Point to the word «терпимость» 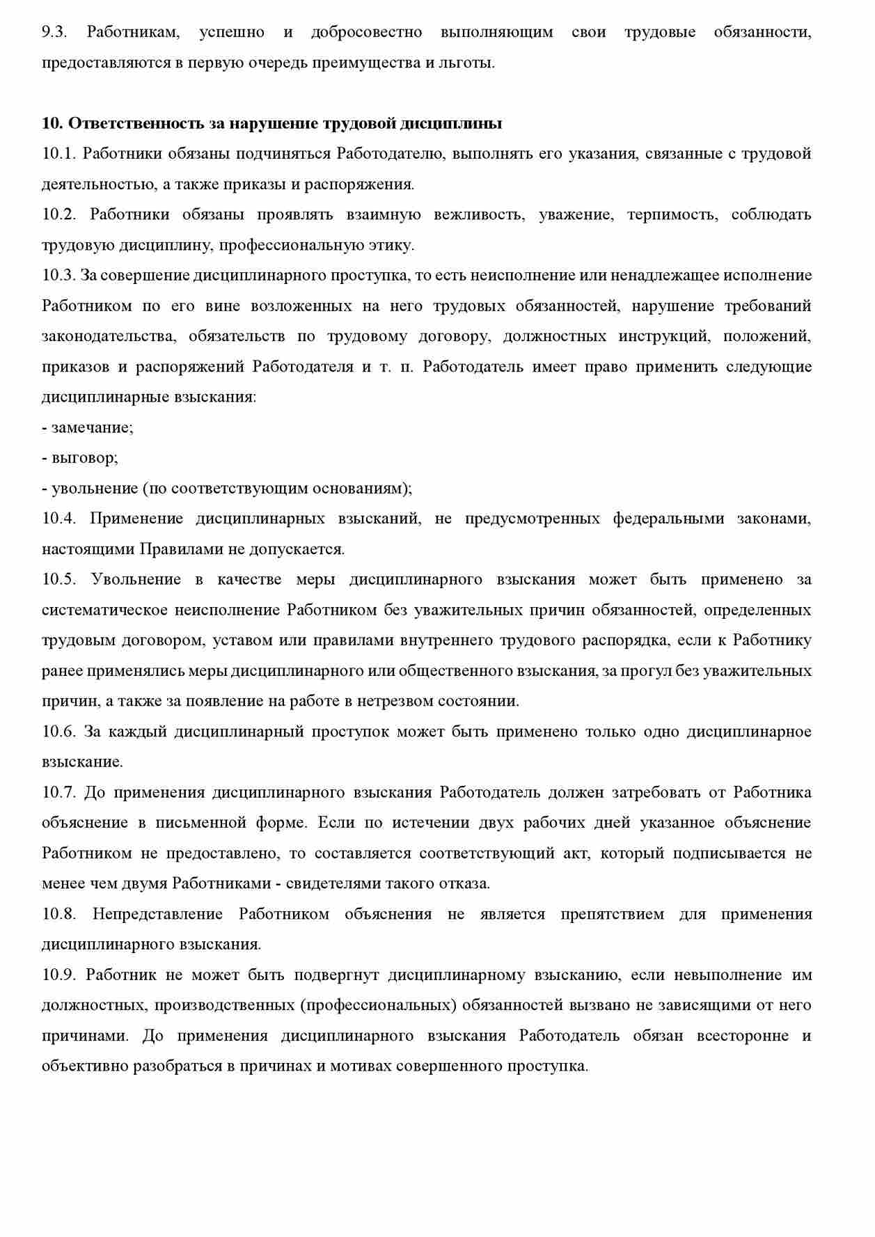point(671,214)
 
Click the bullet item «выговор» point(84,458)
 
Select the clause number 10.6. point(58,732)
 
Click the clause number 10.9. point(58,975)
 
